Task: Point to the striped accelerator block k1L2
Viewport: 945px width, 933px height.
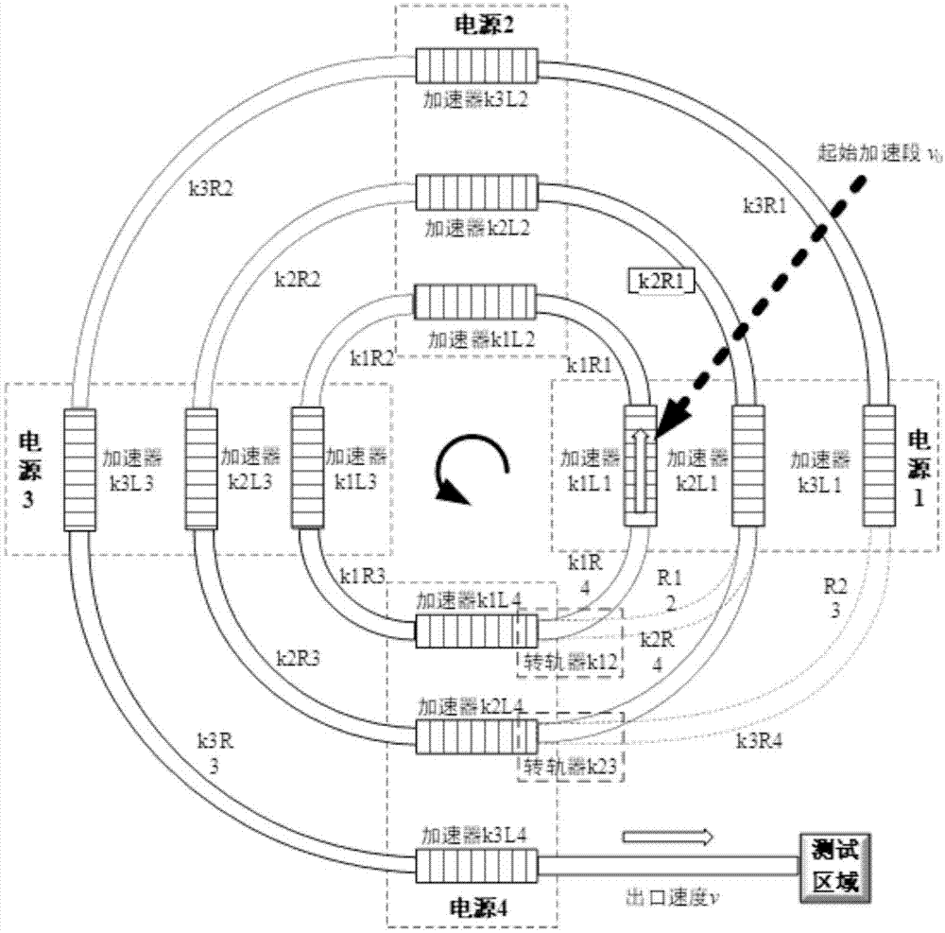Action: (x=475, y=305)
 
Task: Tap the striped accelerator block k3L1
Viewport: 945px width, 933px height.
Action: (x=876, y=464)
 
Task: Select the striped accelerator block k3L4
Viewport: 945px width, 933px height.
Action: (x=476, y=863)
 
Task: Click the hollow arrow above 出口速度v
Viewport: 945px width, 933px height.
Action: (x=666, y=836)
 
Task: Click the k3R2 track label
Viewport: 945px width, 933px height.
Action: (x=210, y=186)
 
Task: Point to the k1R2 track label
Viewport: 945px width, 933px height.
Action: (x=370, y=358)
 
